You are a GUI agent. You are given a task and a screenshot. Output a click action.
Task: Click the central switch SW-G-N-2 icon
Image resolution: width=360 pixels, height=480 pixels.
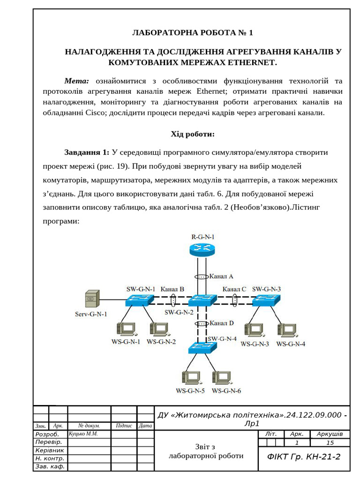point(202,300)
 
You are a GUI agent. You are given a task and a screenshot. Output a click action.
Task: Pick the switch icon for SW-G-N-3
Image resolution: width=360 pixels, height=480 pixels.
point(266,300)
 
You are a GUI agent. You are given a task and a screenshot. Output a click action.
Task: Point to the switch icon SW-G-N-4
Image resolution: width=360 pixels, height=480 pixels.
point(202,347)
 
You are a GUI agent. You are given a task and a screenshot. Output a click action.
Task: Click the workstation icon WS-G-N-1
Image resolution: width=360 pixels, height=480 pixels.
point(126,329)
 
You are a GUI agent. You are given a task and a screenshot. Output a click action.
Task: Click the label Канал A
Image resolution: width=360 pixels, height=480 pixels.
point(221,276)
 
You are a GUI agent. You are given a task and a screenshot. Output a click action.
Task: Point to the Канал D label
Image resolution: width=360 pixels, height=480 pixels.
point(221,323)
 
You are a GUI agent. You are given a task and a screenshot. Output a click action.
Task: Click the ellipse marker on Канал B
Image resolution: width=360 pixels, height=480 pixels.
point(173,300)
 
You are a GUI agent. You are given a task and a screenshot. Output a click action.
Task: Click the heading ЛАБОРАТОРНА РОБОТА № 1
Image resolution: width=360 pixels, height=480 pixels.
point(192,33)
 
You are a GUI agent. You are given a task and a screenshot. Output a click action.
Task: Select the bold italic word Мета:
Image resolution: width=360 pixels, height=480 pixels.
point(76,81)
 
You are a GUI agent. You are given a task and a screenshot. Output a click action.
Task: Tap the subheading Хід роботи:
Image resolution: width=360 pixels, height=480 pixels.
point(192,135)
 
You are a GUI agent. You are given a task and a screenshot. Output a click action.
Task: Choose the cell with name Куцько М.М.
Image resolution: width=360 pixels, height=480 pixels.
point(83,434)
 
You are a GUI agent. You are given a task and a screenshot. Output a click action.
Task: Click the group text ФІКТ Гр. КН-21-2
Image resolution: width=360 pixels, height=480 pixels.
point(304,457)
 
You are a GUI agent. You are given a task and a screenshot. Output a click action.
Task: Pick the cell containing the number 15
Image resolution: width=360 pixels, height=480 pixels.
point(330,442)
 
